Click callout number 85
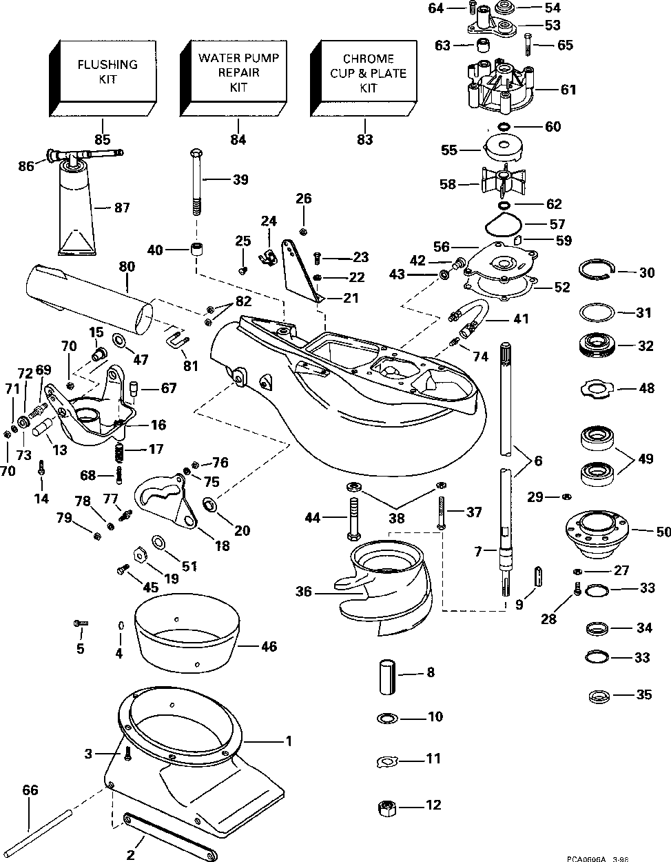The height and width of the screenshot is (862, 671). coord(103,140)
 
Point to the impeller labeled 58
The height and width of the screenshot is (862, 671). coord(506,183)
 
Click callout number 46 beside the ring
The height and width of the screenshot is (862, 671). coord(269,646)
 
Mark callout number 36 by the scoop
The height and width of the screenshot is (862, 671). coord(304,592)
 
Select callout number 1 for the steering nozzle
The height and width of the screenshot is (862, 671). coord(289,741)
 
